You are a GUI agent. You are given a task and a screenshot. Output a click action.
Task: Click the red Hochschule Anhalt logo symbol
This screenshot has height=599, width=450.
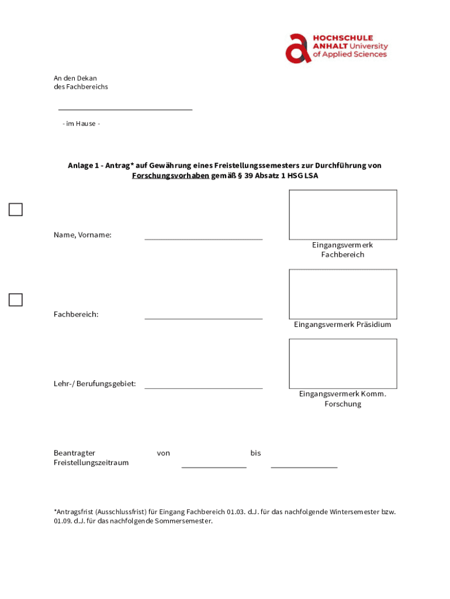pyautogui.click(x=298, y=48)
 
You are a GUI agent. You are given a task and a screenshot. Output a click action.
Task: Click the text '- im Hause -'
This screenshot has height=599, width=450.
pyautogui.click(x=81, y=124)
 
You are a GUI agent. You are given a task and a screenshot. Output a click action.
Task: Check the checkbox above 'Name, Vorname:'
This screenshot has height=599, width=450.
pyautogui.click(x=16, y=209)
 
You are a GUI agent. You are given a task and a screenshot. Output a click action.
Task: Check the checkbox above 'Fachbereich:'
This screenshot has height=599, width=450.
pyautogui.click(x=16, y=300)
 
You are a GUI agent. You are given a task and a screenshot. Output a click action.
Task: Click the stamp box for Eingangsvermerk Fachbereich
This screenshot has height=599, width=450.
pyautogui.click(x=342, y=214)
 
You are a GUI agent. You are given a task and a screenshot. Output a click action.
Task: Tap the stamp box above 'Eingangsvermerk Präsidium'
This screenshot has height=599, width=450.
pyautogui.click(x=342, y=294)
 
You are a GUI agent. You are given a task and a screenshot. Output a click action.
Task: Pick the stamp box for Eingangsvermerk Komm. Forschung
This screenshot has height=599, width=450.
pyautogui.click(x=342, y=363)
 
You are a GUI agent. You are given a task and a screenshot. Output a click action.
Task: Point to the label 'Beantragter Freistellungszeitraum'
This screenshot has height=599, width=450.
pyautogui.click(x=91, y=458)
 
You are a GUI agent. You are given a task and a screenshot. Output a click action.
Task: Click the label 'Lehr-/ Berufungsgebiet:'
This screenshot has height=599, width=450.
pyautogui.click(x=95, y=384)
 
